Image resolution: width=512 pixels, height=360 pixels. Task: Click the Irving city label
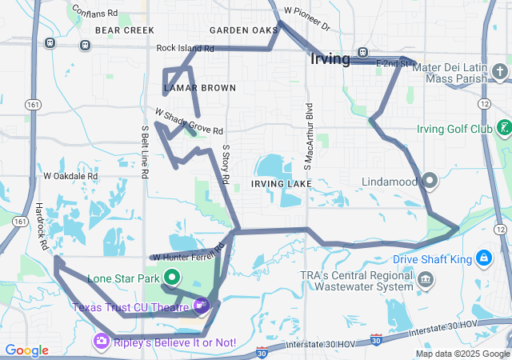(x=330, y=59)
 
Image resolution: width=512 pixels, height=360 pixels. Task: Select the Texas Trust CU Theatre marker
(x=201, y=305)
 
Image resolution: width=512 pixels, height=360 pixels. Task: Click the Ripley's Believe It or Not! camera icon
(x=102, y=342)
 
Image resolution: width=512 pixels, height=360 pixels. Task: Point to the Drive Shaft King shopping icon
(x=483, y=259)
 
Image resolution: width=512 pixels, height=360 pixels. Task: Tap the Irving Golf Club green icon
(x=504, y=128)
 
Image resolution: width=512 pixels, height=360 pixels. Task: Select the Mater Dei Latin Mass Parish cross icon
(x=500, y=72)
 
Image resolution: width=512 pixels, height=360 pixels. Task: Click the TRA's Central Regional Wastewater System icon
(x=426, y=279)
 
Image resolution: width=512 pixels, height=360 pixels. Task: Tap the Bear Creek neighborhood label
(x=124, y=30)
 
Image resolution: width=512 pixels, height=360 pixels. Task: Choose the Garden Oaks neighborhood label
(x=243, y=30)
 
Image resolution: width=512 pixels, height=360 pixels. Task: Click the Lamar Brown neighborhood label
(x=199, y=87)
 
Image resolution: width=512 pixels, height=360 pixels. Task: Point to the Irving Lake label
(x=279, y=184)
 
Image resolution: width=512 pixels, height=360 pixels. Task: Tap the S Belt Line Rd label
(x=145, y=151)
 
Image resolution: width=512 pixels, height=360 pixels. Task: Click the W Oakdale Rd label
(x=70, y=176)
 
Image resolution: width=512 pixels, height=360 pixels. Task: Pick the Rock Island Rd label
(x=186, y=48)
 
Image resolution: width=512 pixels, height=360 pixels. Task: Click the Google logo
(x=26, y=350)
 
